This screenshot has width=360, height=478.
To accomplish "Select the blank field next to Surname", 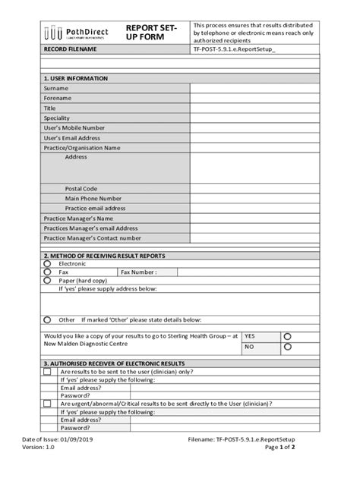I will point(254,88).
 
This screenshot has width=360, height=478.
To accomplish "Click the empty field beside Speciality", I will point(254,118).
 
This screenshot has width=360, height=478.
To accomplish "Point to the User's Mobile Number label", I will point(74,128).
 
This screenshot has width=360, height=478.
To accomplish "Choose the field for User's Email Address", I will point(254,138).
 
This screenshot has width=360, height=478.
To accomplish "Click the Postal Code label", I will point(81,188).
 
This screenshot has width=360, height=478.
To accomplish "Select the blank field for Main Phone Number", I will point(254,198).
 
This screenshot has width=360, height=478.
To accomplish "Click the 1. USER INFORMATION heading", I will point(76,78).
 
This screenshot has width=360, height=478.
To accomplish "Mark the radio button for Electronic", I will point(47,263).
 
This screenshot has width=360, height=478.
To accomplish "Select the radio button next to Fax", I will point(47,272).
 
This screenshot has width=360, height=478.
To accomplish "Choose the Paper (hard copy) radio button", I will point(47,280).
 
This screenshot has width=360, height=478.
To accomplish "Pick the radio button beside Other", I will point(47,319).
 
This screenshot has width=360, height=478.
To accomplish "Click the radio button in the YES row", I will point(287,336).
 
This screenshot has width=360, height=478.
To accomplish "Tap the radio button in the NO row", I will point(287,347).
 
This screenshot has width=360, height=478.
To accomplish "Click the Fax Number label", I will point(138,272).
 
